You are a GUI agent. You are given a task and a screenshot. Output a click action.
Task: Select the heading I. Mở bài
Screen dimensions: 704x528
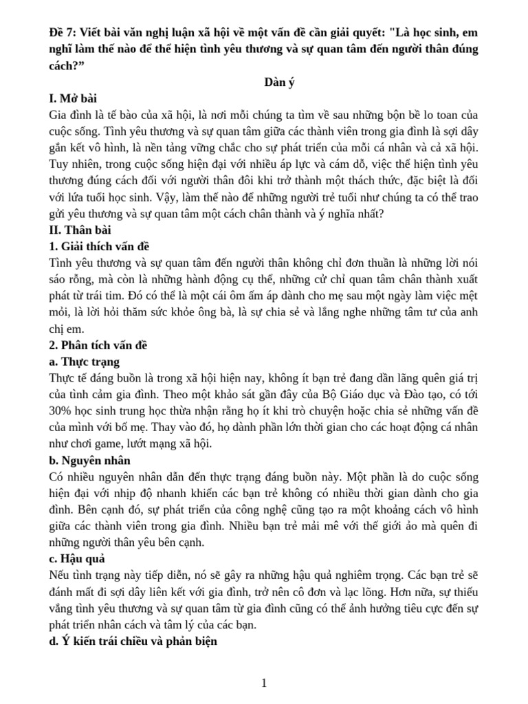(x=74, y=98)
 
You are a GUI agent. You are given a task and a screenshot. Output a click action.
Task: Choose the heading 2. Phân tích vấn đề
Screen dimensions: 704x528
(x=99, y=345)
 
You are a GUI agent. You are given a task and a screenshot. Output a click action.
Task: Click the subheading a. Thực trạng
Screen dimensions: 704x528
(x=85, y=362)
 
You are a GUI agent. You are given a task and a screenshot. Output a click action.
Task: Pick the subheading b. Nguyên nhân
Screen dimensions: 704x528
(x=90, y=461)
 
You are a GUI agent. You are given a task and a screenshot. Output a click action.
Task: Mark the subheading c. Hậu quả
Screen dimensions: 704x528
(x=77, y=559)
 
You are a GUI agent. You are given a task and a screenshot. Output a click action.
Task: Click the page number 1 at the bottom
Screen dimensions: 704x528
(x=264, y=683)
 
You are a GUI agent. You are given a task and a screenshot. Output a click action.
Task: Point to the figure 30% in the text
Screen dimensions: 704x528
(x=63, y=411)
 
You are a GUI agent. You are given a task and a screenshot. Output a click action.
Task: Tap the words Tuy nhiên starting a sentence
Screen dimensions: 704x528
(x=74, y=164)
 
